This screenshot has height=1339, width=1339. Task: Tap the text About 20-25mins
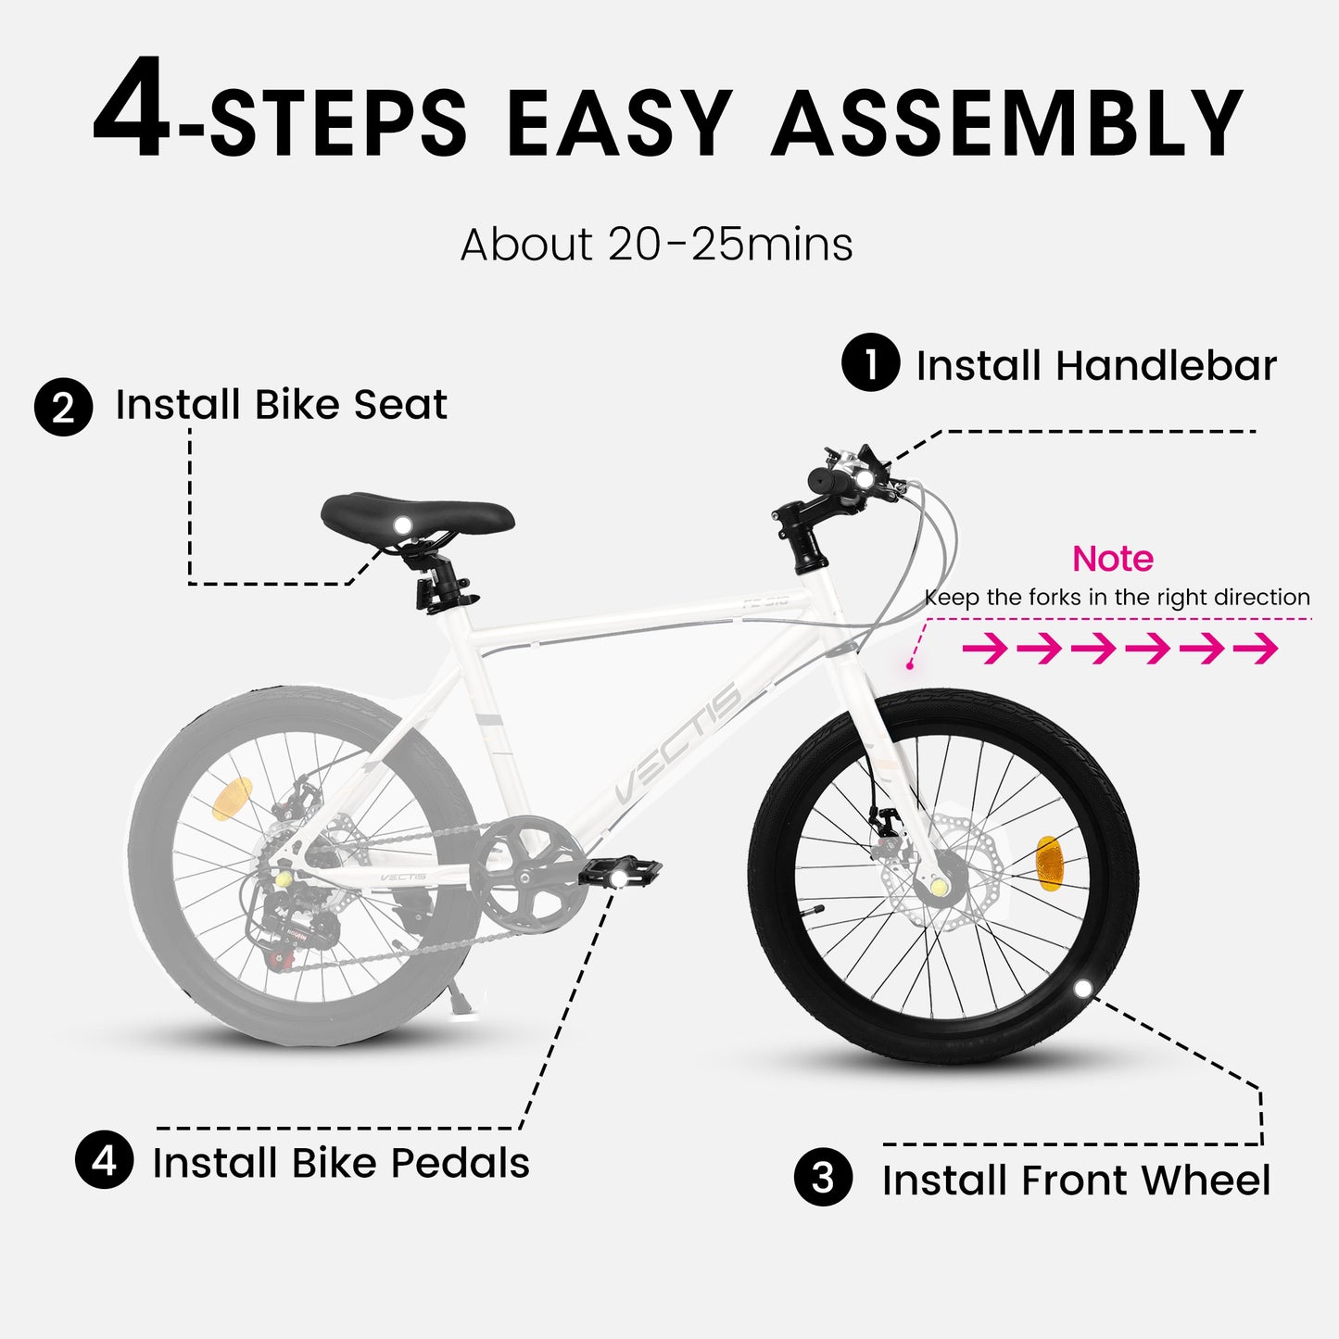656,245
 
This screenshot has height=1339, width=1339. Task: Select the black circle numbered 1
870,363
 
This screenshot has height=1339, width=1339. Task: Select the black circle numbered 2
63,407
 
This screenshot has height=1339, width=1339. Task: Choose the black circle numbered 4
105,1159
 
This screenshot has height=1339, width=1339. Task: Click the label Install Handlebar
1096,365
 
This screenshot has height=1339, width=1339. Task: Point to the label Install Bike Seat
281,405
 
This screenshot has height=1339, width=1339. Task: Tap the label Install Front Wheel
1076,1181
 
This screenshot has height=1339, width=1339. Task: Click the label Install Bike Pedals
341,1163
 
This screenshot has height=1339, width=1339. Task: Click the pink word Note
1112,559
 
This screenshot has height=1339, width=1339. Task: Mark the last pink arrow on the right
1257,649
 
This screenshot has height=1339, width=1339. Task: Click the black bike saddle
417,515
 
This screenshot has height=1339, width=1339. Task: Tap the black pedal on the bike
620,872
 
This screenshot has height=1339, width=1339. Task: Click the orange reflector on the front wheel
1048,863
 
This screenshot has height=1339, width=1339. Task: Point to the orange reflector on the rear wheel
232,799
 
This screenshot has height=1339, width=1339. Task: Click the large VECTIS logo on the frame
678,744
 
